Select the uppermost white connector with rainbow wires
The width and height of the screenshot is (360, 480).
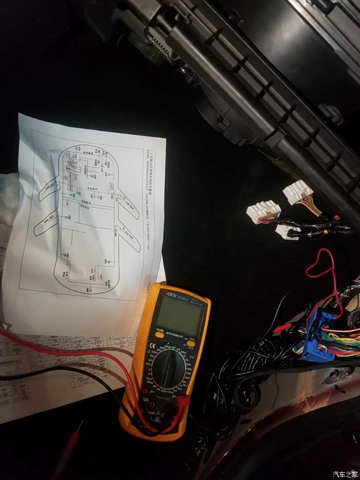tap(297, 192)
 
